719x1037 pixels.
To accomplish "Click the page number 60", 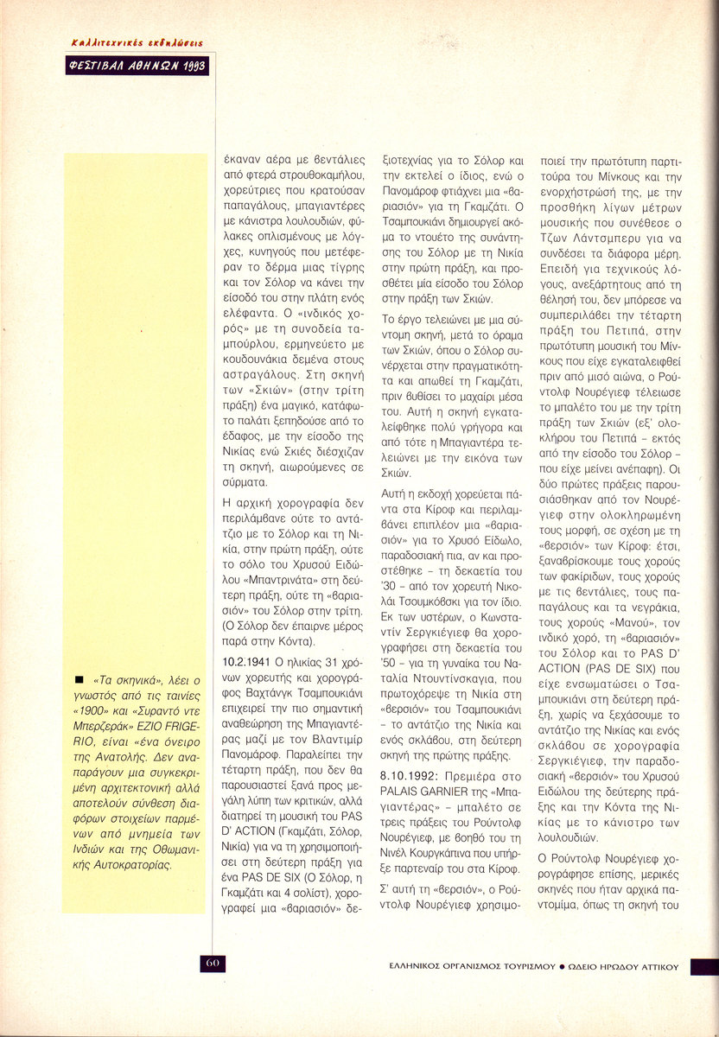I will [213, 963].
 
